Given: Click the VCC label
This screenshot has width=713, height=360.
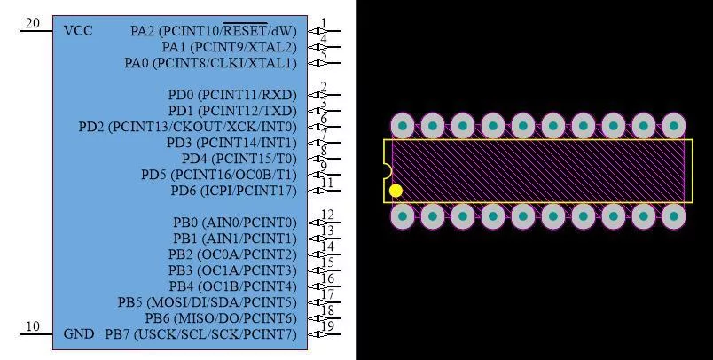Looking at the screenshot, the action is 78,31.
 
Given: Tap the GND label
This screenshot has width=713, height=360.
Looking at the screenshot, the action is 79,334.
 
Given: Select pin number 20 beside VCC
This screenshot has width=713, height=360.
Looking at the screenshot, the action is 32,23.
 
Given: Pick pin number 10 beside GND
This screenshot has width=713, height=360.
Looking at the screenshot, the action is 32,326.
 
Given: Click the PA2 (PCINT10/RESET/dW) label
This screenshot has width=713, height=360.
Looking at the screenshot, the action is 213,31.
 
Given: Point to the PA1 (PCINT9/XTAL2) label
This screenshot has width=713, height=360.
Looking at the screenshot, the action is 229,47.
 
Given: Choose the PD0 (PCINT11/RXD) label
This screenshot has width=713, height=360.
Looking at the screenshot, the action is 232,95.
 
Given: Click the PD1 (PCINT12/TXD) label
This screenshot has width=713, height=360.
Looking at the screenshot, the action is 232,111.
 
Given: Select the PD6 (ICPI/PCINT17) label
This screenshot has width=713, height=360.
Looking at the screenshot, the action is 234,191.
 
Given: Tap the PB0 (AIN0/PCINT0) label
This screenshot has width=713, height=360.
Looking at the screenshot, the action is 235,223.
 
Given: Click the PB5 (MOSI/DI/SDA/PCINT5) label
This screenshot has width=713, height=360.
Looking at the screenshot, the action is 208,302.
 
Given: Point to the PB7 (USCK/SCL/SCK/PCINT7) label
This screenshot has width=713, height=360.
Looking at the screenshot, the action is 201,334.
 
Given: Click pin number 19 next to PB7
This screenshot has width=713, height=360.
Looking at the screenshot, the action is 328,326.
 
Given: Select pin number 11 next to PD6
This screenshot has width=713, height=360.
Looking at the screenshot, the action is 327,183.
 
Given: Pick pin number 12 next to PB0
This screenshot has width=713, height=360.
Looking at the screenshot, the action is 328,215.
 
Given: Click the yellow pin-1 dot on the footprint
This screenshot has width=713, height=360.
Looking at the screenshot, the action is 396,191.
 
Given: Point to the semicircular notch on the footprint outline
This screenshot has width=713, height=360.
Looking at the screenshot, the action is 388,171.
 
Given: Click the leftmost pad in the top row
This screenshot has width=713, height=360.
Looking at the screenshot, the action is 403,126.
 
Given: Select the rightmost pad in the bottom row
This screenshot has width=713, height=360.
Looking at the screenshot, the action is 673,215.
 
